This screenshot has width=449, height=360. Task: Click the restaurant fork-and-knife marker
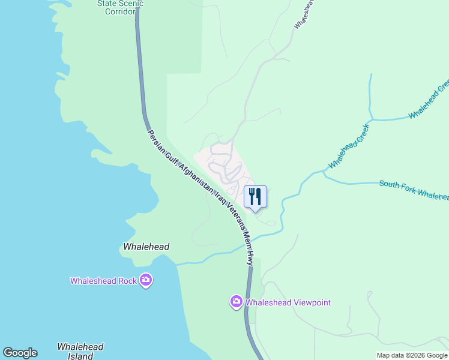coord(255,196)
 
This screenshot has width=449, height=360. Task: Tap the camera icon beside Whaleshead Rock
coord(145,280)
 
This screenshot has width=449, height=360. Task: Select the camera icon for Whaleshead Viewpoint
coord(237,302)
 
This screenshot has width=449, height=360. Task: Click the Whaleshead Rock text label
coord(103,281)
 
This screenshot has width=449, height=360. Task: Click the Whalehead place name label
coord(146,247)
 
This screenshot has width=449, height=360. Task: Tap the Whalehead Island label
coord(80,351)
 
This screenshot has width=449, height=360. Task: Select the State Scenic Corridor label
coord(120,7)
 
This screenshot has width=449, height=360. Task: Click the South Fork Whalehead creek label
coord(414,189)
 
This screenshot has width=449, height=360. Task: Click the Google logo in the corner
coord(20,353)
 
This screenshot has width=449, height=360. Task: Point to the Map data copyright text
coord(411,355)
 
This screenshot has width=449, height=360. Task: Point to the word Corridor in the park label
coord(120,11)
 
